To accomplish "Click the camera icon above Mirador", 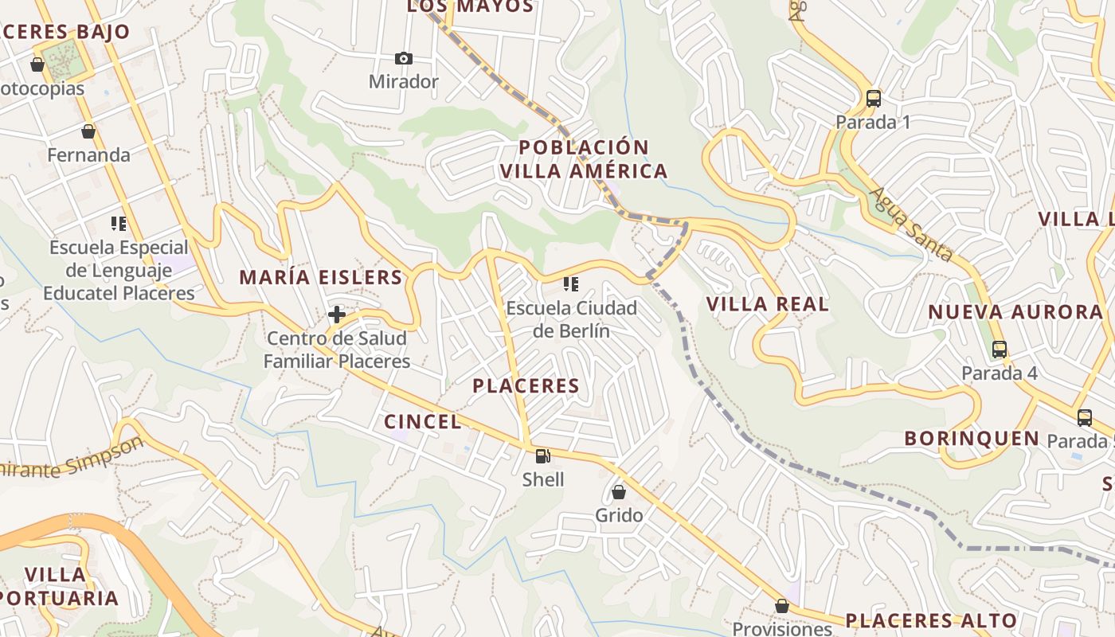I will pos(404,58).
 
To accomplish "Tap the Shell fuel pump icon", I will pos(542,456).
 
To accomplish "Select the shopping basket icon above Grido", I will pos(618,492).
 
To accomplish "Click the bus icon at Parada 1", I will pos(874,99).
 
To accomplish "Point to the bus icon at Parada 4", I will pos(999,350).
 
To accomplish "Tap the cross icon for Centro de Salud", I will pos(336,315).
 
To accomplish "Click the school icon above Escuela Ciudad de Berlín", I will pos(570,283).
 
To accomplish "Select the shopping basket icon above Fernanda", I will pos(88,131).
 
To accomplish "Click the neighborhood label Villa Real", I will pos(768,304).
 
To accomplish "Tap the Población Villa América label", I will pos(584,159).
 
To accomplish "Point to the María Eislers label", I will pos(321,278).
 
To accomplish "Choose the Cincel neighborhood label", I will pos(422,422).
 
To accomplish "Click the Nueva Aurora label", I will pos(1015,312).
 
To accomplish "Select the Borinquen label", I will pos(972,439).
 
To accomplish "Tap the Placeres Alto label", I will pos(931,620).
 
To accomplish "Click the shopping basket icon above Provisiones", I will pos(781,606).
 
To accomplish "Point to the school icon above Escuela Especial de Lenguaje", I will pos(119,224).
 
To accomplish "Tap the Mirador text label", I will pos(403,82).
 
